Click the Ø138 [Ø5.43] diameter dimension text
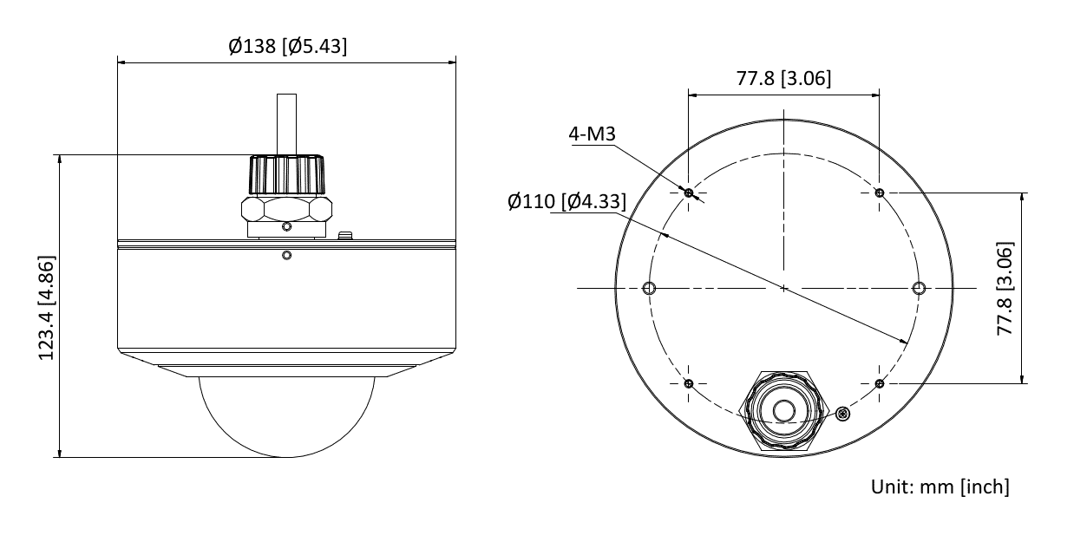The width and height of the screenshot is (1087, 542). pyautogui.click(x=288, y=46)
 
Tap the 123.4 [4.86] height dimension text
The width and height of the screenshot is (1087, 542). pyautogui.click(x=47, y=308)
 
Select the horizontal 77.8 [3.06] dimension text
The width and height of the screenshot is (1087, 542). pyautogui.click(x=783, y=78)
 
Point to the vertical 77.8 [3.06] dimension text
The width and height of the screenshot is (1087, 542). pyautogui.click(x=1005, y=288)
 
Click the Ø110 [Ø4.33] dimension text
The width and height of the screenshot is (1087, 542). pyautogui.click(x=566, y=201)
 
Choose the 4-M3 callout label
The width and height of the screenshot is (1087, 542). pyautogui.click(x=592, y=134)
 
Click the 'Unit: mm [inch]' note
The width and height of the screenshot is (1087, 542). pyautogui.click(x=940, y=486)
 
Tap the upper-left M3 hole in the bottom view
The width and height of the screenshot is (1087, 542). pyautogui.click(x=689, y=193)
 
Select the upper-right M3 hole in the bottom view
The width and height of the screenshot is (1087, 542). pyautogui.click(x=880, y=193)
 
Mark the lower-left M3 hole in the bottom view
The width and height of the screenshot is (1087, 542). pyautogui.click(x=689, y=384)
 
